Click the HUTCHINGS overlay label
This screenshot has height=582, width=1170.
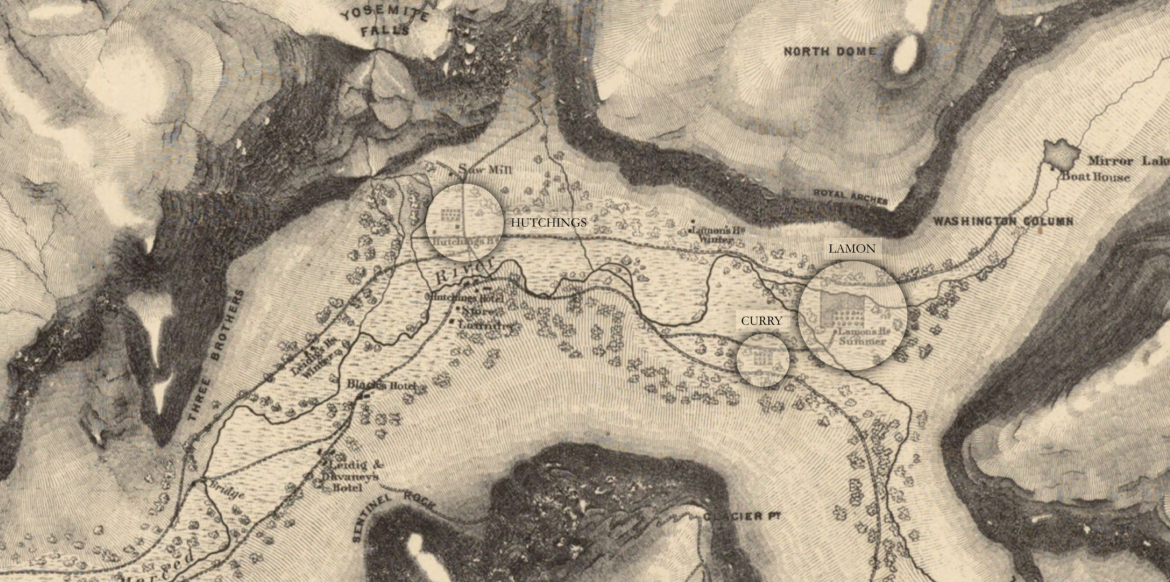click(548, 222)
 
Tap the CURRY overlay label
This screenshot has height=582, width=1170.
click(761, 321)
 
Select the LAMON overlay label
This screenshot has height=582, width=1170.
click(852, 248)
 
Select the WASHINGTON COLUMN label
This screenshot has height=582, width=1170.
click(1003, 222)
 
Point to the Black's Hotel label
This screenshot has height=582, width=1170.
click(381, 385)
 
